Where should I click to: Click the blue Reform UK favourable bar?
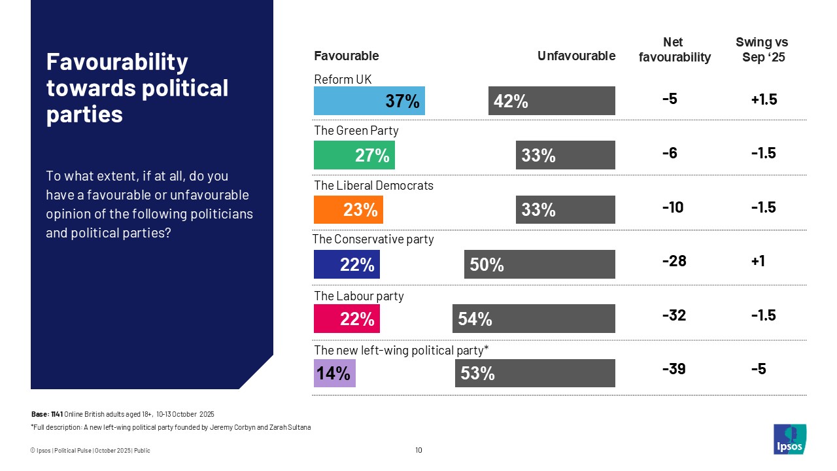(x=369, y=101)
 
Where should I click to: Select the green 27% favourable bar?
(x=354, y=155)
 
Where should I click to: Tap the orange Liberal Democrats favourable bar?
(x=349, y=209)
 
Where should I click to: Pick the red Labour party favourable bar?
(x=347, y=319)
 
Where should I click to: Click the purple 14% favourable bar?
(x=335, y=373)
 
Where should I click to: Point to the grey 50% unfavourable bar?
(x=539, y=264)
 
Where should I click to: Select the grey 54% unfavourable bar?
(x=534, y=319)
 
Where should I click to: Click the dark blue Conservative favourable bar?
(x=347, y=264)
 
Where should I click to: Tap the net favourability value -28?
(x=674, y=261)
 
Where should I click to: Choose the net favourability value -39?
(x=674, y=370)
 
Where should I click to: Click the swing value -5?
(x=759, y=370)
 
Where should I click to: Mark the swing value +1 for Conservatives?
(x=759, y=261)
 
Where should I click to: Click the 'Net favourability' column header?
(x=674, y=50)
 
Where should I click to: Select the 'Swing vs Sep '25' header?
(x=762, y=50)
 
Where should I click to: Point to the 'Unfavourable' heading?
(x=576, y=56)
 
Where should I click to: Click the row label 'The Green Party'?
(x=356, y=131)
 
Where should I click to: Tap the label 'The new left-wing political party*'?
(x=401, y=351)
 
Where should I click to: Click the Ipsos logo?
(x=790, y=439)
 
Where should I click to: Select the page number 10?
(x=418, y=450)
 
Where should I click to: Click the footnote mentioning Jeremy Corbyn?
(x=171, y=427)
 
